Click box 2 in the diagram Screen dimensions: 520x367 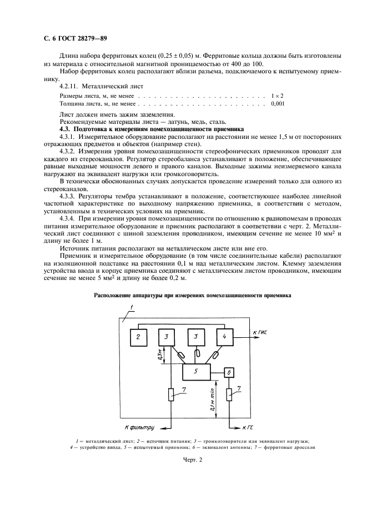tap(139, 337)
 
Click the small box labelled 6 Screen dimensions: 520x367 tap(230, 372)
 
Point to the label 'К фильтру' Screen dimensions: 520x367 tap(139, 428)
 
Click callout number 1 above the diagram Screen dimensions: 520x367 tap(132, 307)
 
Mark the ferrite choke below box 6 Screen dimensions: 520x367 tap(230, 396)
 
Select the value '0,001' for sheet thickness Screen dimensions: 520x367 tap(278, 103)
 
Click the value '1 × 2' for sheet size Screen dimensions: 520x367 tap(278, 96)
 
